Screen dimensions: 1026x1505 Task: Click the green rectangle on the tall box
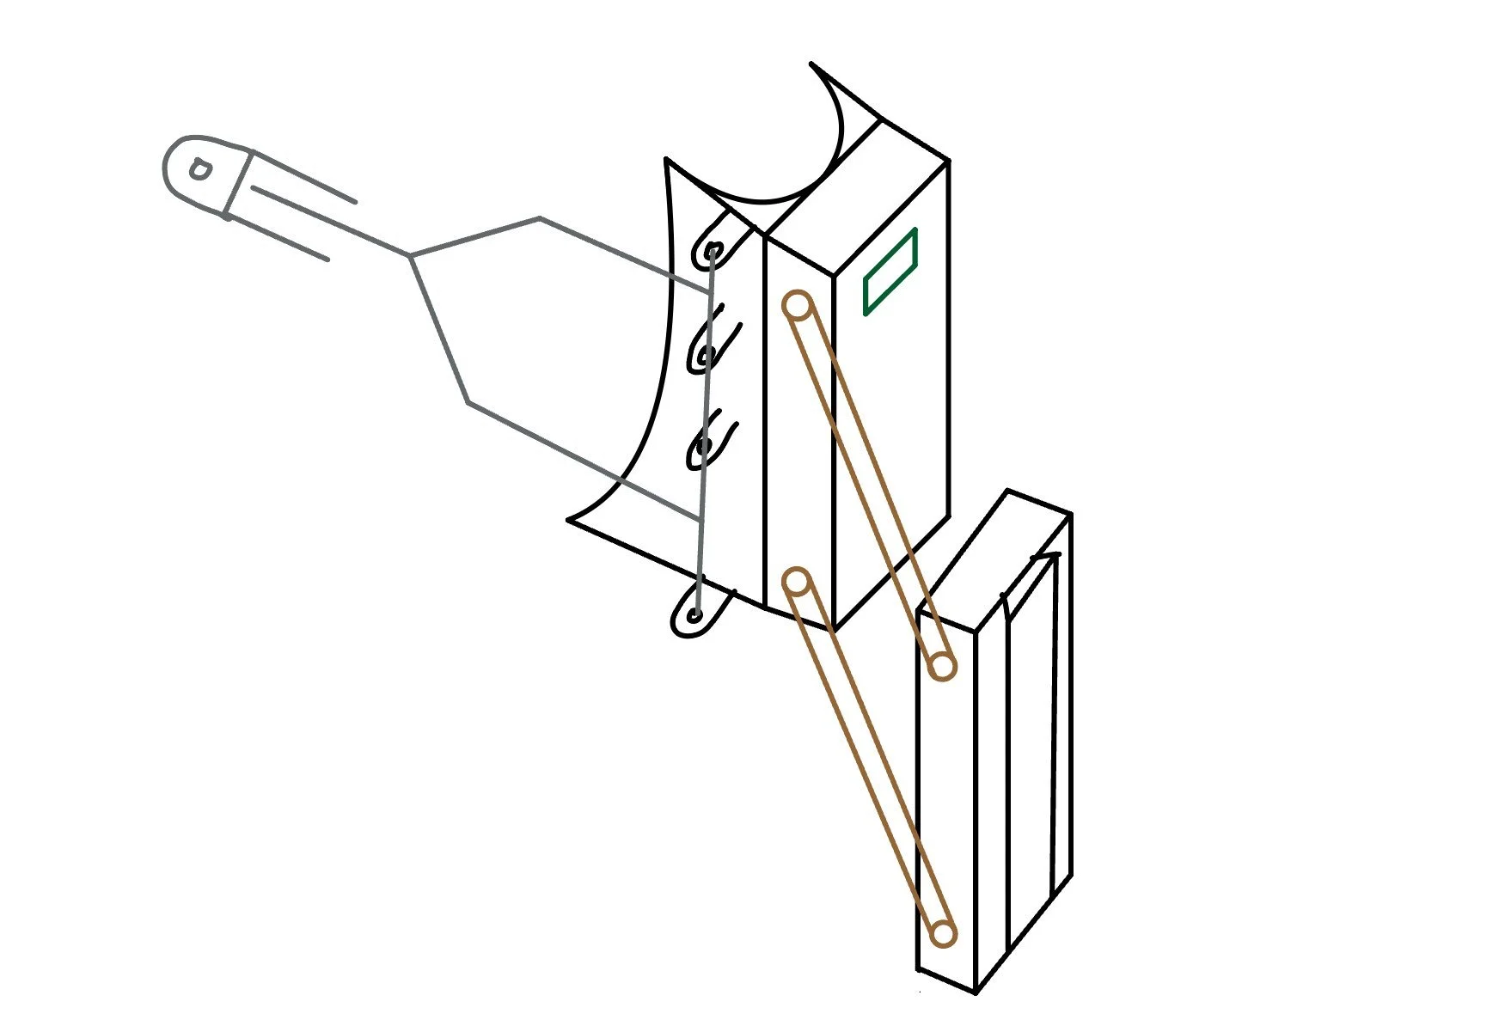tap(890, 272)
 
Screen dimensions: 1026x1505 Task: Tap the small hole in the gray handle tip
tap(199, 169)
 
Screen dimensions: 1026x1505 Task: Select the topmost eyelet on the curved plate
tap(713, 252)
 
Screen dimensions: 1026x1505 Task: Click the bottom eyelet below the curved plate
tap(694, 615)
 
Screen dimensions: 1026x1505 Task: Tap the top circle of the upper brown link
tap(798, 305)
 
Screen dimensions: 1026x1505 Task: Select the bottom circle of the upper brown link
tap(943, 666)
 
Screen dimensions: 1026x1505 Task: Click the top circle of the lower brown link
tap(798, 583)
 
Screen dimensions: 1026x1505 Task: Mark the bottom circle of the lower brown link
tap(943, 933)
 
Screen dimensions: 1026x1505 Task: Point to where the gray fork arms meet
tap(411, 255)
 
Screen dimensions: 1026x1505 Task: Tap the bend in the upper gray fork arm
tap(540, 219)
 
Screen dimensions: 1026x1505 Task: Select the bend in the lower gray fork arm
tap(468, 402)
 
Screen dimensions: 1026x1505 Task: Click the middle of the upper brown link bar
tap(870, 486)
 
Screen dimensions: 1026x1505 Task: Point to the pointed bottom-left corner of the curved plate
tap(569, 519)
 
